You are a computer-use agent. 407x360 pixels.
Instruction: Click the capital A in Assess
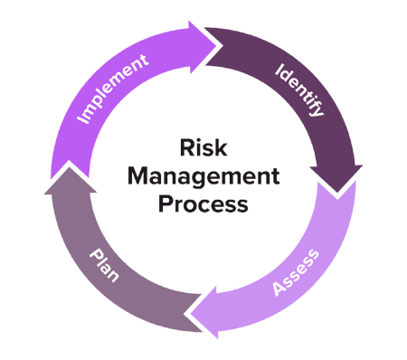(274, 290)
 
